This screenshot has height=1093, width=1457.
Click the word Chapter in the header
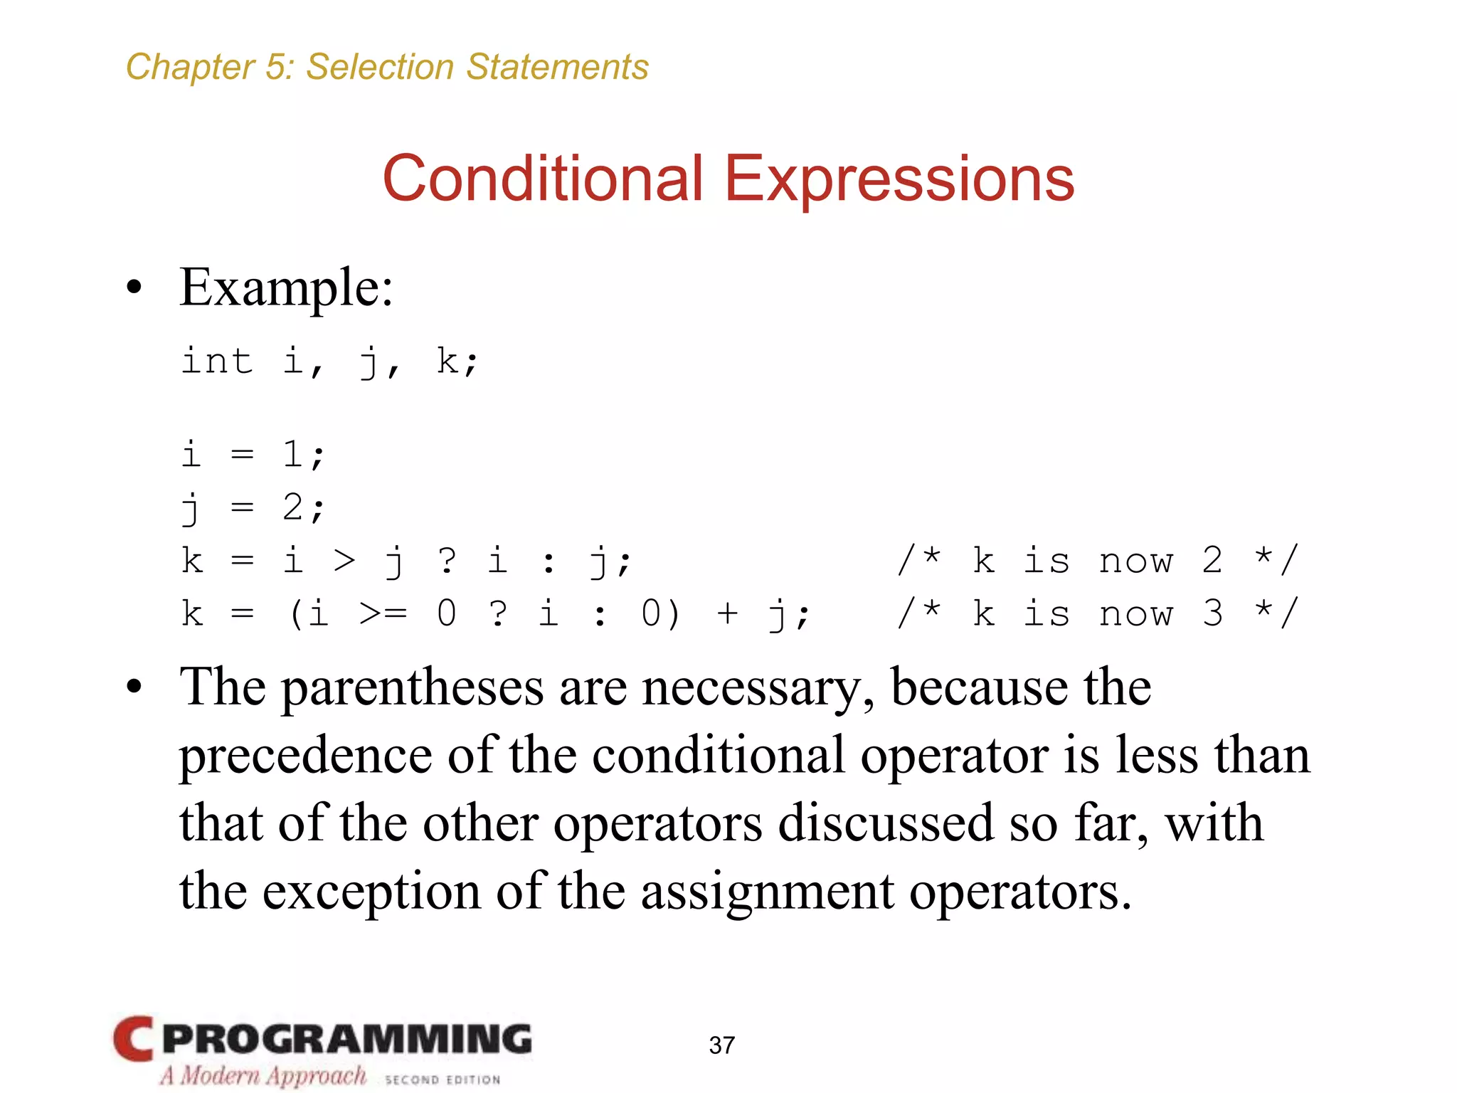point(189,68)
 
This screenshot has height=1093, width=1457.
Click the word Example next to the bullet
point(285,288)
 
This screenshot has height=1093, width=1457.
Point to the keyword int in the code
point(217,361)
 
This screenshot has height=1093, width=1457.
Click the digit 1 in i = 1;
point(292,454)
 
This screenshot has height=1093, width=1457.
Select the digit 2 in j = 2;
point(292,507)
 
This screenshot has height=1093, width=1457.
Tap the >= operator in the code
point(383,613)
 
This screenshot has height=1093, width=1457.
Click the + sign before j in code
point(727,613)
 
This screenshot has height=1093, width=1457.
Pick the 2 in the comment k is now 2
point(1212,560)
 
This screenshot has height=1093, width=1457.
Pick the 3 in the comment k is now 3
point(1212,613)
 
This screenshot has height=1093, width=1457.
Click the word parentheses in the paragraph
point(413,689)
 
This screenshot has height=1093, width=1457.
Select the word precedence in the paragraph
point(306,756)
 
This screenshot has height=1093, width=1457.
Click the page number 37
point(721,1045)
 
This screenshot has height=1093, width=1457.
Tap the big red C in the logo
point(133,1039)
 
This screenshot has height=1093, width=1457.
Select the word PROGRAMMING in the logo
point(346,1039)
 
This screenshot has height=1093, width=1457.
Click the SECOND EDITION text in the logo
point(443,1079)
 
